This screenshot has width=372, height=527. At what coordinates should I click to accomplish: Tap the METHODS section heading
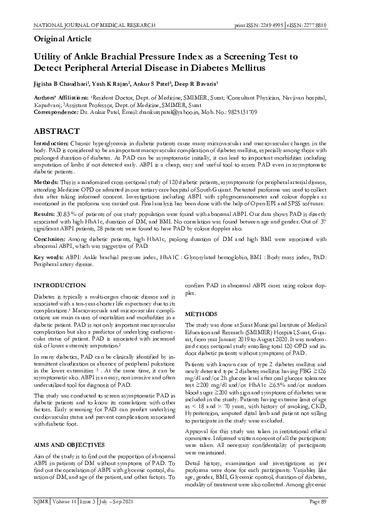(x=200, y=313)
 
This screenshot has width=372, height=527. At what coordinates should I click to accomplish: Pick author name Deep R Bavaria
(x=198, y=83)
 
